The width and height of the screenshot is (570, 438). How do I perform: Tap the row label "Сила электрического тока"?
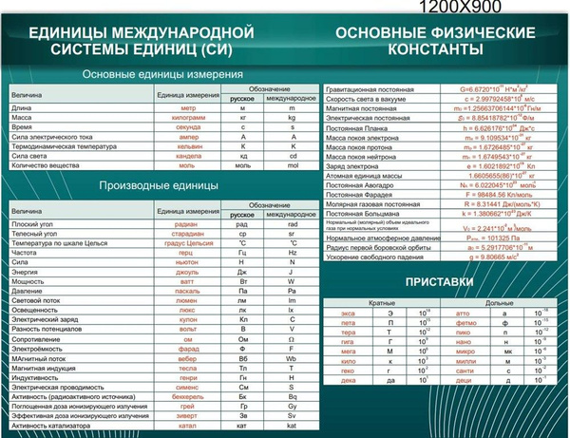coord(52,137)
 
